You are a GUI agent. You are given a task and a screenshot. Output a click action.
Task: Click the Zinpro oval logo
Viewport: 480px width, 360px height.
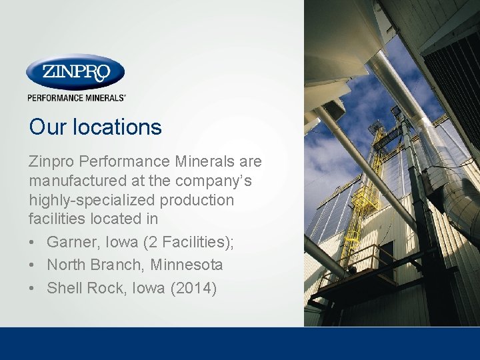tap(75, 72)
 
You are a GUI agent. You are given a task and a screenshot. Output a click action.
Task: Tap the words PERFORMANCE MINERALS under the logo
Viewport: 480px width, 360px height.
tap(76, 97)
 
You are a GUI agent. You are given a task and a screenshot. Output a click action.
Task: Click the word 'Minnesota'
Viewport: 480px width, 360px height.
tap(187, 265)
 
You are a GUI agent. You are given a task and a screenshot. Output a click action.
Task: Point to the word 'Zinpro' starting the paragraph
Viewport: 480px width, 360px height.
tap(53, 161)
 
